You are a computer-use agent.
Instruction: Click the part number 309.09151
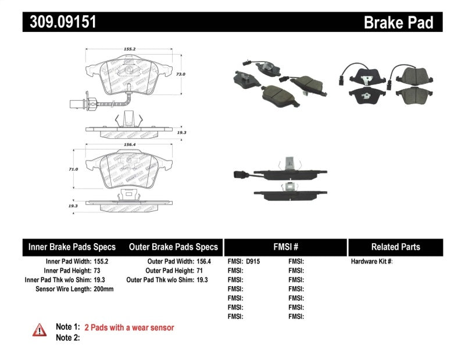60,22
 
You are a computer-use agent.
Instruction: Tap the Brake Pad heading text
398,23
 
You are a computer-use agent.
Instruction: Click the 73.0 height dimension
180,74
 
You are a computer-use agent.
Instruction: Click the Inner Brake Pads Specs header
71,247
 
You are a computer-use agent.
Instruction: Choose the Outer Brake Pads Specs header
173,247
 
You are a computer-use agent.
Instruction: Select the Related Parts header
395,247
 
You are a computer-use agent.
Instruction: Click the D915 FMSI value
253,262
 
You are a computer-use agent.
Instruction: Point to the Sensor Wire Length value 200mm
103,289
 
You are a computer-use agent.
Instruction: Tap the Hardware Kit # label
371,262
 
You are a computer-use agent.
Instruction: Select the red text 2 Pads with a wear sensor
129,328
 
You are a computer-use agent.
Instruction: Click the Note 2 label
67,337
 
